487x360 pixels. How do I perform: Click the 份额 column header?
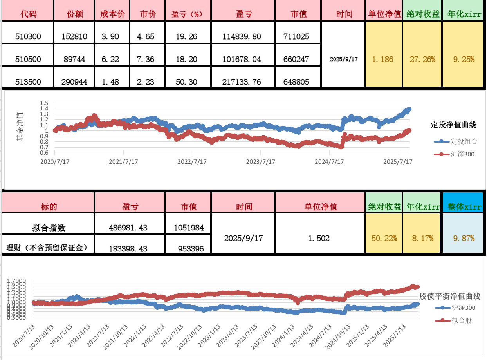74,14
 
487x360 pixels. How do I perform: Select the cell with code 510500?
28,60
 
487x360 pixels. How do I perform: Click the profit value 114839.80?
242,37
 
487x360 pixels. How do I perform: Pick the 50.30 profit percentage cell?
184,82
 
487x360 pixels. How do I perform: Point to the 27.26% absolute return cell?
422,60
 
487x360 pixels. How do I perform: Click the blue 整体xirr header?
464,207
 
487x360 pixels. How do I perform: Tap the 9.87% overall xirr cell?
464,238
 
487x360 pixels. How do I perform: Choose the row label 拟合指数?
49,227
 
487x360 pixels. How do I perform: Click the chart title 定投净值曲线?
453,125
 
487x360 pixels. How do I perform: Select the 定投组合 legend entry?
464,141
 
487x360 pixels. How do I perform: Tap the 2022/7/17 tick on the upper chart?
192,161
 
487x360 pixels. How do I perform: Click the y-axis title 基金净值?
20,126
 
